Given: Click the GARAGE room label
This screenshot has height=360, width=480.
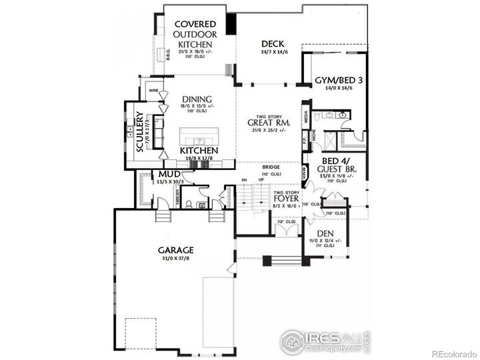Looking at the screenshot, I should (176, 251).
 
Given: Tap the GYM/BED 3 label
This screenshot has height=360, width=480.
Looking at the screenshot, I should (339, 81).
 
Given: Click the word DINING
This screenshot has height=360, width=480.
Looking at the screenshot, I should (197, 99).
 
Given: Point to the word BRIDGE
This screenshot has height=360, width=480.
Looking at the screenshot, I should (271, 167).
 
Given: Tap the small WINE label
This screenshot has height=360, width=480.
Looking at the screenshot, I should (153, 90).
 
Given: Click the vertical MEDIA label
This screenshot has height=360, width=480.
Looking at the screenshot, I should (306, 118).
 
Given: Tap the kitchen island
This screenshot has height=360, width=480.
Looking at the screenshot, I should (198, 139).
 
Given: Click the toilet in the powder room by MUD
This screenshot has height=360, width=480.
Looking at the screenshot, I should (189, 204).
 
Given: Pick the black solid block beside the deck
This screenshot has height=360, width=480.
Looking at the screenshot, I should (231, 24).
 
